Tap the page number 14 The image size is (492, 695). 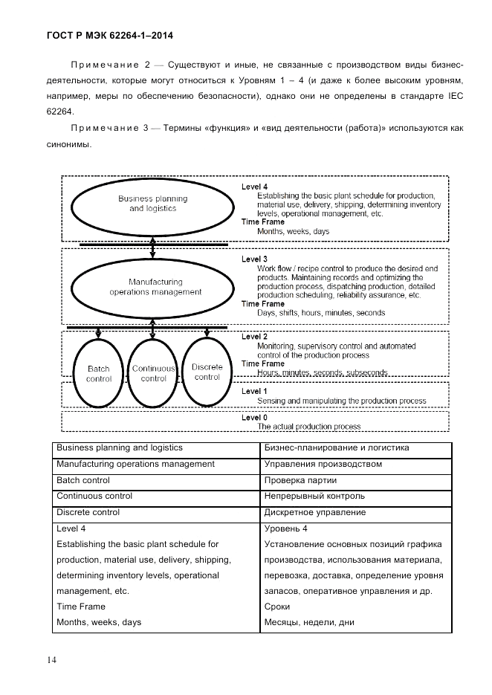click(51, 660)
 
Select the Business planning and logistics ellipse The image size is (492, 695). click(152, 204)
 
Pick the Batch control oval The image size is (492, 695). click(98, 373)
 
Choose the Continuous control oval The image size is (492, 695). click(153, 373)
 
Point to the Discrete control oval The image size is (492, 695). click(207, 372)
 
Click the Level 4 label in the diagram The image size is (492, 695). click(254, 186)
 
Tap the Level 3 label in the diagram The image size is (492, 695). click(254, 259)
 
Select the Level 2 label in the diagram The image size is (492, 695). click(254, 337)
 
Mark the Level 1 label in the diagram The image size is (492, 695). click(254, 391)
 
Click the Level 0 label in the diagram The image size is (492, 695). click(254, 418)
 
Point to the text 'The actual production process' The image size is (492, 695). click(309, 427)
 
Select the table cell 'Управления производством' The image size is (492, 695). click(323, 465)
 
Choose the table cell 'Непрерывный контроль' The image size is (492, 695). click(314, 497)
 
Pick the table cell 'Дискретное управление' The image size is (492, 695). click(315, 513)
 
